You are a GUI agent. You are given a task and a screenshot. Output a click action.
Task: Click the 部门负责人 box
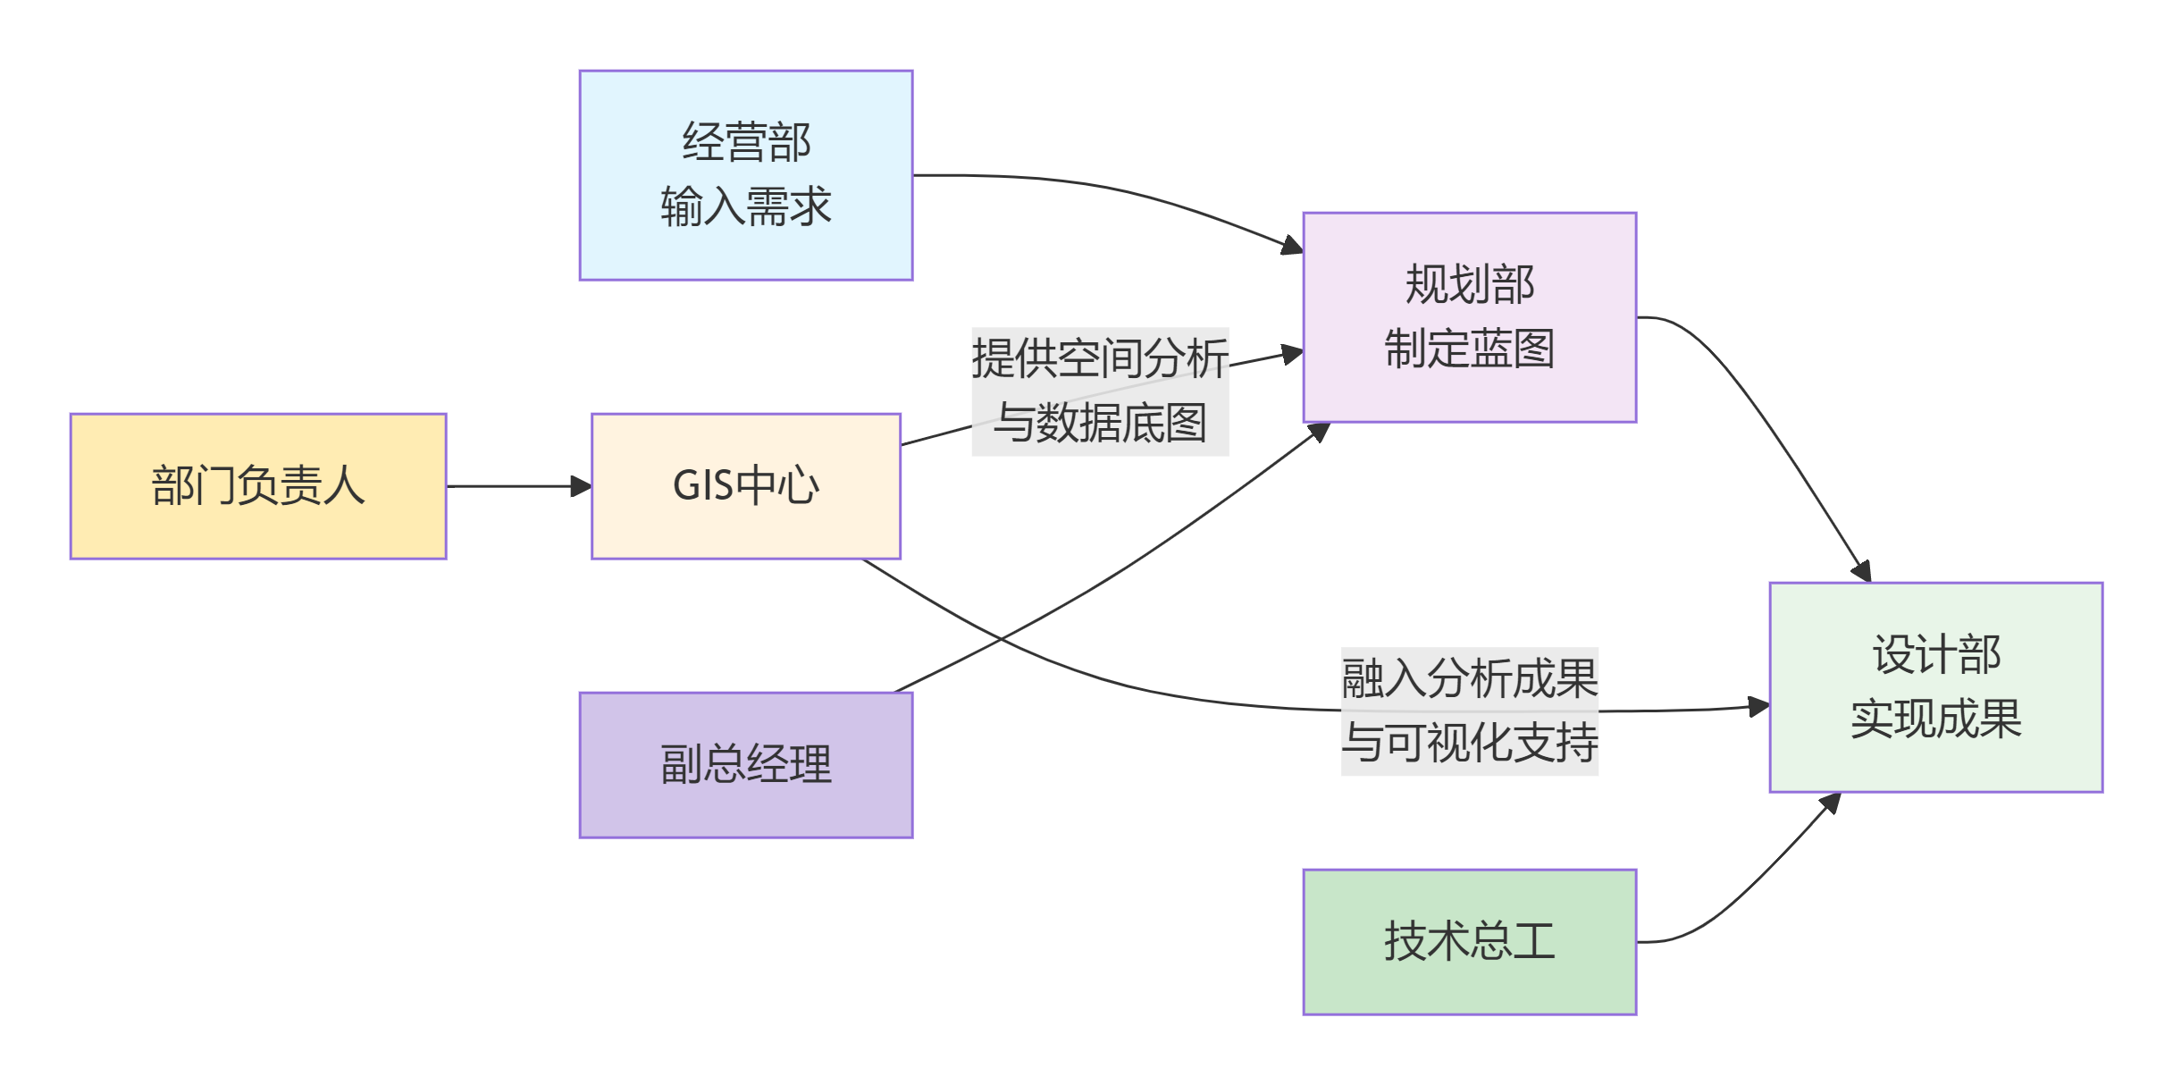point(258,486)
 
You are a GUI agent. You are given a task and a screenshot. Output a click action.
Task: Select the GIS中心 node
point(746,486)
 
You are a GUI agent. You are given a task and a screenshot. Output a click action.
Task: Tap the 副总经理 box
point(746,765)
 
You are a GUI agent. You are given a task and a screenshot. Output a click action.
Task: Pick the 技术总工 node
point(1470,942)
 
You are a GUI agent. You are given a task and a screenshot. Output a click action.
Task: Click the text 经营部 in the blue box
point(746,142)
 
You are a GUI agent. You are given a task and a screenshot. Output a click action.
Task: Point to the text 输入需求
point(746,206)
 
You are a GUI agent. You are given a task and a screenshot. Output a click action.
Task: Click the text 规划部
point(1470,284)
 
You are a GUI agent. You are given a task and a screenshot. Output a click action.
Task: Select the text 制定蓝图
point(1470,349)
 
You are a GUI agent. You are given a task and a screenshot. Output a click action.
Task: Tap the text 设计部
point(1936,654)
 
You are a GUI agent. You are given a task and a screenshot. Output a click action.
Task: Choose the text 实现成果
point(1936,719)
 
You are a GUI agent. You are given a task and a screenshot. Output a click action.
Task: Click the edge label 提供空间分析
point(1100,358)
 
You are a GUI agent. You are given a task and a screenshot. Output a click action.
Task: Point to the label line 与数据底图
point(1100,423)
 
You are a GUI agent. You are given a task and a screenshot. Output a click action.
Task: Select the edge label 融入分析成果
point(1470,678)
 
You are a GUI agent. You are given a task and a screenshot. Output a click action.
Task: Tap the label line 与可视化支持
point(1470,743)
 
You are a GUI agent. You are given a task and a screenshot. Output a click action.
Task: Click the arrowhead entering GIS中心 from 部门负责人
point(582,486)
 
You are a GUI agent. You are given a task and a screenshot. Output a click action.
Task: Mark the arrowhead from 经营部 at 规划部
point(1292,245)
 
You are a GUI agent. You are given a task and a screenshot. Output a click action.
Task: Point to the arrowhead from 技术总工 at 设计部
point(1830,803)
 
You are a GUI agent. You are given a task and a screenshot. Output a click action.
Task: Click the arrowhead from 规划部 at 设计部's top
point(1862,570)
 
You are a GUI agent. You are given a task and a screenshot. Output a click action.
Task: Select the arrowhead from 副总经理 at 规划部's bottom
point(1319,433)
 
